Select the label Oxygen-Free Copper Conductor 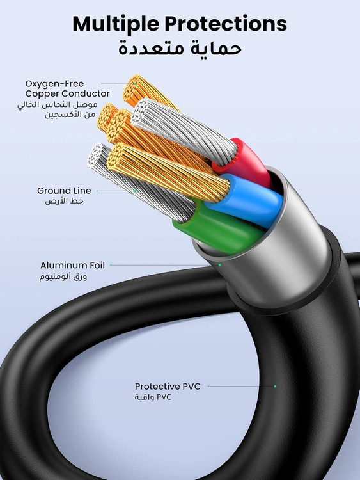[x=67, y=88]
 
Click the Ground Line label [x=64, y=191]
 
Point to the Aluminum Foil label [x=72, y=265]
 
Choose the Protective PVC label [x=168, y=387]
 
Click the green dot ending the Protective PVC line [x=276, y=387]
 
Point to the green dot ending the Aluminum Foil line [x=219, y=264]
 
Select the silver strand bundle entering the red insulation [x=185, y=131]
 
